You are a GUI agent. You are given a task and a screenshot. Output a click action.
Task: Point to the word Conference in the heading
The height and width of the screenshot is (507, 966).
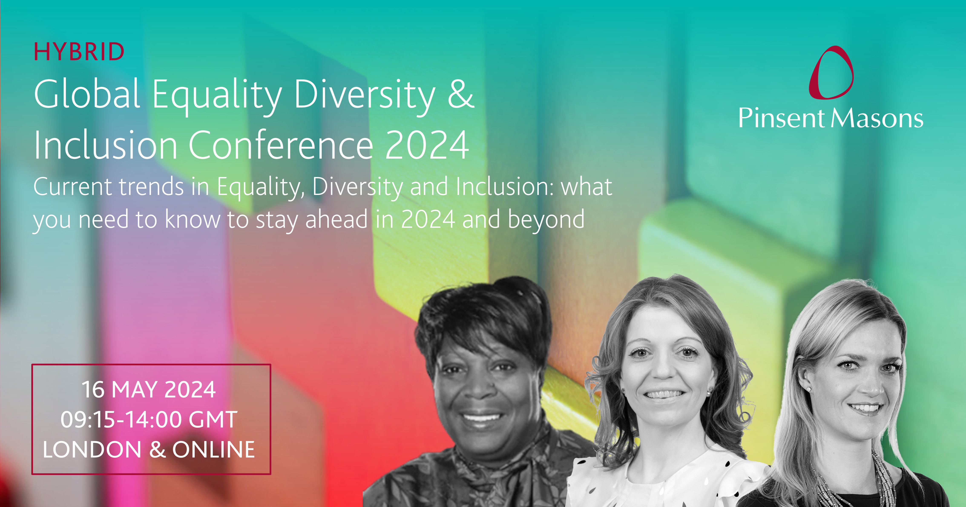click(x=280, y=145)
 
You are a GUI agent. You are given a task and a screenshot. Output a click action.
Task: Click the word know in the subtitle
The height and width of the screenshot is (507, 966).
click(x=193, y=219)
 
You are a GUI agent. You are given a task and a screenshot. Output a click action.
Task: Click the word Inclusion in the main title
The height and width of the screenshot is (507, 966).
click(x=105, y=145)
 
